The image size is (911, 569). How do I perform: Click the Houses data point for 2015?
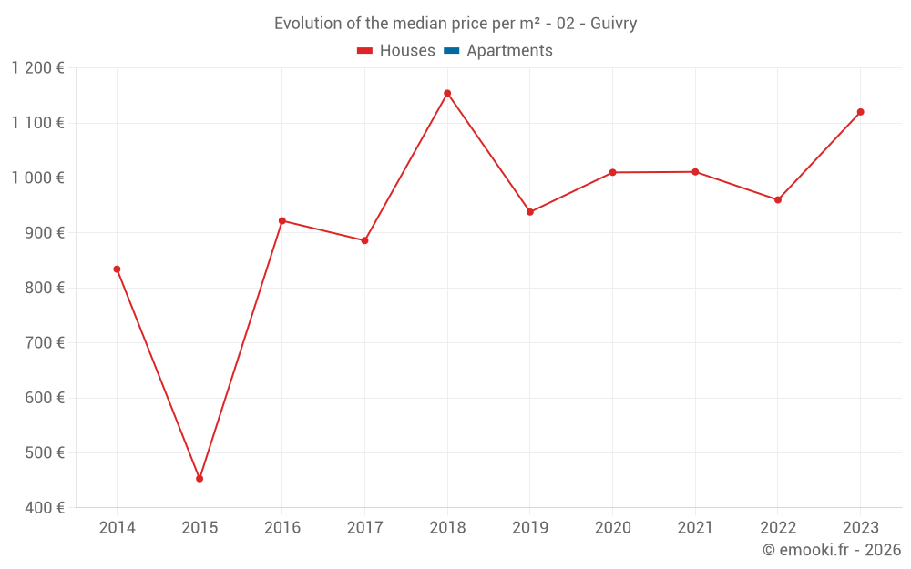(x=200, y=478)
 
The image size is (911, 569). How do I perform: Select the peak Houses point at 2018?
(x=447, y=93)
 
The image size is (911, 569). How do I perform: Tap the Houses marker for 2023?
(x=860, y=112)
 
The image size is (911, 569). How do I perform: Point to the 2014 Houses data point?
(x=117, y=269)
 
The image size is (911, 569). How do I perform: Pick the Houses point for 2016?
(x=282, y=220)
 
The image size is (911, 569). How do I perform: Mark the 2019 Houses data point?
(x=530, y=212)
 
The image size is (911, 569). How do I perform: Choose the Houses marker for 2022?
(x=778, y=199)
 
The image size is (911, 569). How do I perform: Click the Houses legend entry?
(x=396, y=51)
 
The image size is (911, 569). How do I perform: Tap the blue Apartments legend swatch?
(x=451, y=51)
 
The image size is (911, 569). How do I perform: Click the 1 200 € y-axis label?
(x=38, y=68)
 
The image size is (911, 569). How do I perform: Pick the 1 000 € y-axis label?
(x=38, y=178)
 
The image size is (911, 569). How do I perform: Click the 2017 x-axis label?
(x=364, y=528)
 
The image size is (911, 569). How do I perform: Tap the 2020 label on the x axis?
(x=612, y=528)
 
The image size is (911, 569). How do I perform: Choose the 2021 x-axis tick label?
(x=695, y=528)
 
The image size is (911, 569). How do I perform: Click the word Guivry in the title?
(x=613, y=24)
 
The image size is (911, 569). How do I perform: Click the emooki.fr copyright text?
(x=832, y=550)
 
